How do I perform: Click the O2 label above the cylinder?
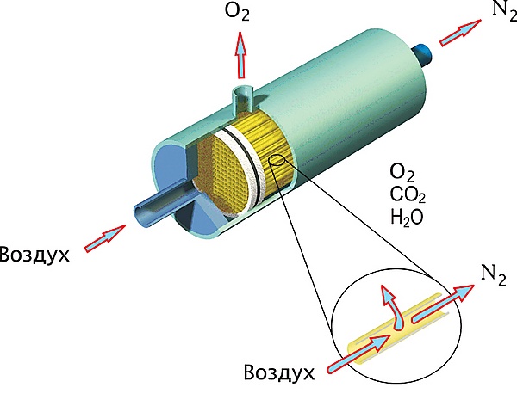click(237, 11)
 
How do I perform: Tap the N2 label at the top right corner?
click(504, 9)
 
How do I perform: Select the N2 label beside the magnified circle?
click(493, 275)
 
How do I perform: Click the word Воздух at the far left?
click(34, 255)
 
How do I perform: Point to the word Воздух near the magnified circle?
click(279, 372)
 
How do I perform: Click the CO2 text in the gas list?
click(408, 195)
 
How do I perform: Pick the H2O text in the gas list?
click(407, 218)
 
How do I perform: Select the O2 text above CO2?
click(402, 174)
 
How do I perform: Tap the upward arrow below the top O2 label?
click(240, 55)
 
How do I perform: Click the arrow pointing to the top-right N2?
click(460, 33)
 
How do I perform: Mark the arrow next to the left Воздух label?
click(105, 238)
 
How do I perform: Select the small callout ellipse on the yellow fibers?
click(277, 160)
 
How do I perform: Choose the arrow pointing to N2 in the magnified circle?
click(443, 303)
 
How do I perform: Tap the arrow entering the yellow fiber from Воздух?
click(358, 354)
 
